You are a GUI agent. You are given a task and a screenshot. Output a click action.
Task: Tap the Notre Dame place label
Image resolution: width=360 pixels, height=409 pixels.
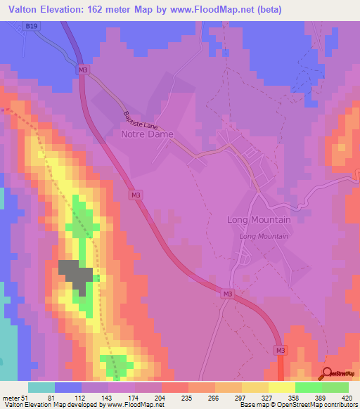tap(147, 134)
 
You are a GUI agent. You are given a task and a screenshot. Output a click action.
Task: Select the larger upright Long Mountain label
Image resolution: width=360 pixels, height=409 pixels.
tap(259, 219)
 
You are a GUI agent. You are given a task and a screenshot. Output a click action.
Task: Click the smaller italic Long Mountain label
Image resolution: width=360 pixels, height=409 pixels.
tap(264, 236)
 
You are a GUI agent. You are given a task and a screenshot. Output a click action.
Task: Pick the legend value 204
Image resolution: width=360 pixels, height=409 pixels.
tap(148, 397)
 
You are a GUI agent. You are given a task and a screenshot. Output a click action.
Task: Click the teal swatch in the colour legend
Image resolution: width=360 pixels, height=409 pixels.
tap(41, 387)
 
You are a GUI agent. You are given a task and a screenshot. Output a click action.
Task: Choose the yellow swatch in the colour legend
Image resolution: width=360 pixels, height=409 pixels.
tap(281, 387)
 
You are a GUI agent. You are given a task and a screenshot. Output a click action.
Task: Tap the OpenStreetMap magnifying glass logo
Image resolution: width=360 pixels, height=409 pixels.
tap(328, 373)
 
